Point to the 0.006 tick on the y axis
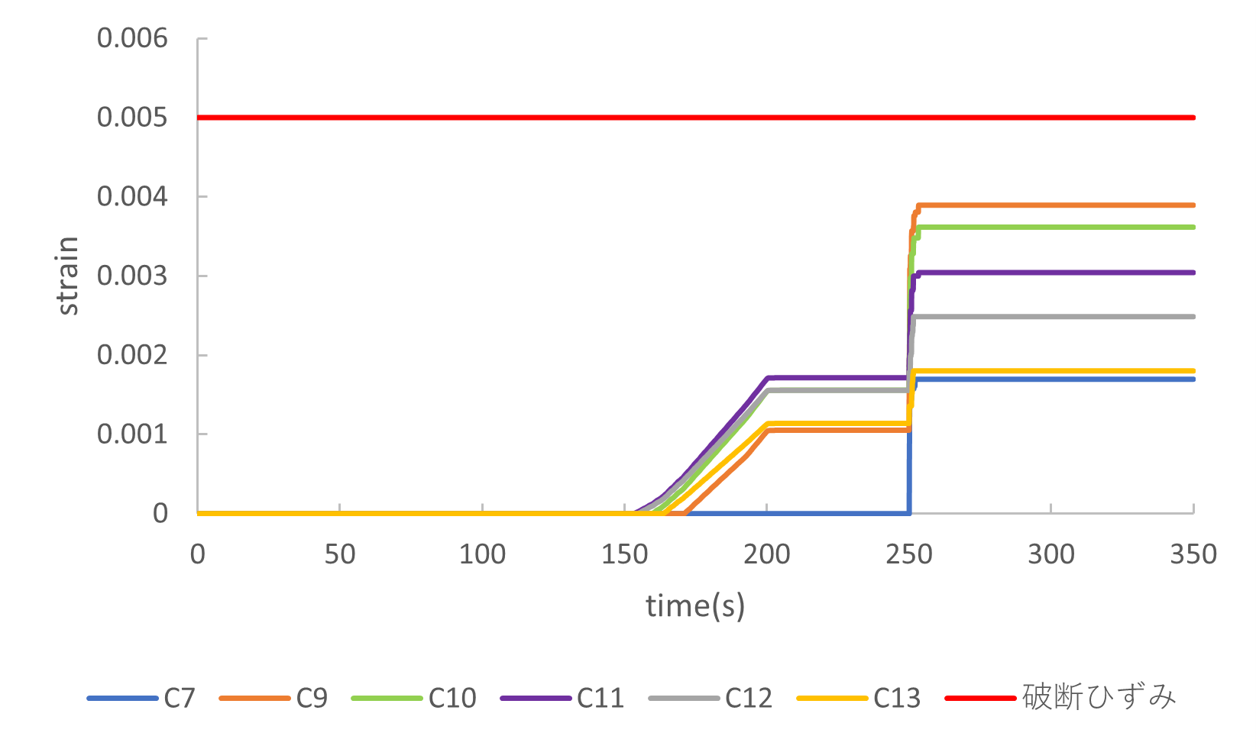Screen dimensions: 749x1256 [x=132, y=38]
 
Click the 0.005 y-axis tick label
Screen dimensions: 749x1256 [x=132, y=118]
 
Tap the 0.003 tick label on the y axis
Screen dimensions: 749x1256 [x=132, y=276]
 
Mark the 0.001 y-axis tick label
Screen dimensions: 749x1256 [x=132, y=434]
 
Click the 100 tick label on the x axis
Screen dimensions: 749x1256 [x=482, y=554]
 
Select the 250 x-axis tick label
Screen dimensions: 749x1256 [x=909, y=554]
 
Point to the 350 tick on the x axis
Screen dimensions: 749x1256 [x=1193, y=554]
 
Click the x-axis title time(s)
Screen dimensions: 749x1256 [x=695, y=606]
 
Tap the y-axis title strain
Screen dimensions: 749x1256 [x=69, y=276]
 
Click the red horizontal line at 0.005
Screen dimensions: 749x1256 [x=688, y=118]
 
